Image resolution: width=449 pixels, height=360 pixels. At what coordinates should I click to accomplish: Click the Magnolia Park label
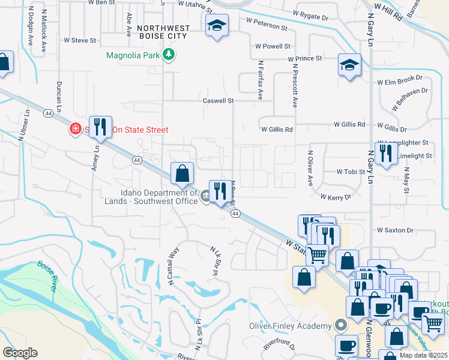pos(132,56)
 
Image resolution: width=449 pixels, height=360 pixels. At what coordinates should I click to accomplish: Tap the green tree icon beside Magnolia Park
pos(170,55)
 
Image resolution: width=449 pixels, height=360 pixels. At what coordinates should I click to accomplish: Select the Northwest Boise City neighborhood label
pos(163,32)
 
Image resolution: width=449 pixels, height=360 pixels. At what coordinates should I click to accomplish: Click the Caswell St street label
pos(217,101)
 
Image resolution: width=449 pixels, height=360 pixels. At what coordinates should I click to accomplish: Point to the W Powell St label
pos(273,46)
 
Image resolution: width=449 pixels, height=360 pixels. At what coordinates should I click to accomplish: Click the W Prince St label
pos(305,59)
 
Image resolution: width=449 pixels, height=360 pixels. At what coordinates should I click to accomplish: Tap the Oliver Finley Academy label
pos(291,326)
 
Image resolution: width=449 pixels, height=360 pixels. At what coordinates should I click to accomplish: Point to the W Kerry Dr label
pos(336,196)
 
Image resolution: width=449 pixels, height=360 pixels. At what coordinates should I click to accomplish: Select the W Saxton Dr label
pos(396,230)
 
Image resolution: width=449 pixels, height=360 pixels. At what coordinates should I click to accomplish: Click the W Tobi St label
pos(351,171)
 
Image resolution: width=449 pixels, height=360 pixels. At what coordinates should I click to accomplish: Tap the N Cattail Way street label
pos(174,265)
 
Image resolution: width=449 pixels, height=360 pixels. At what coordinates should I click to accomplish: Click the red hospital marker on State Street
pos(76,129)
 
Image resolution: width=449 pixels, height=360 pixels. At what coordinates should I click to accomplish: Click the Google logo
pos(20,353)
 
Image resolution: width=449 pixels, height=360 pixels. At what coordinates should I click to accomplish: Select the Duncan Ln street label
pos(59,97)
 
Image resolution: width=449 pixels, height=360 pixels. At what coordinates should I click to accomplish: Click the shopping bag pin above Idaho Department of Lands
pos(182,173)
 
